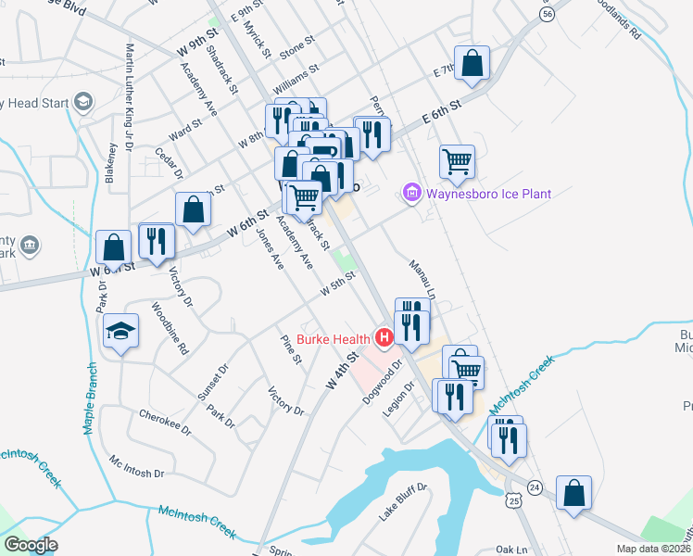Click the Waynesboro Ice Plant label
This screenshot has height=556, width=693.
pos(488,194)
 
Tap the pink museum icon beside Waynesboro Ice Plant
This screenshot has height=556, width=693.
pos(411,194)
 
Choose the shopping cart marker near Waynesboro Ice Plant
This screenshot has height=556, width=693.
pos(457,161)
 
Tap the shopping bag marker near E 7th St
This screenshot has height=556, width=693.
pos(472,63)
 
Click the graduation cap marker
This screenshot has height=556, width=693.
pos(120,332)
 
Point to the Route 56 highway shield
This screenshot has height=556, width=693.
pos(548,14)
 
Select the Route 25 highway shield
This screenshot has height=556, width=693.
pos(514,500)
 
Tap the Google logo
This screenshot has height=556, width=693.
pos(31,545)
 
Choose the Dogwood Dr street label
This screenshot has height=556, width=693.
pos(388,375)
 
